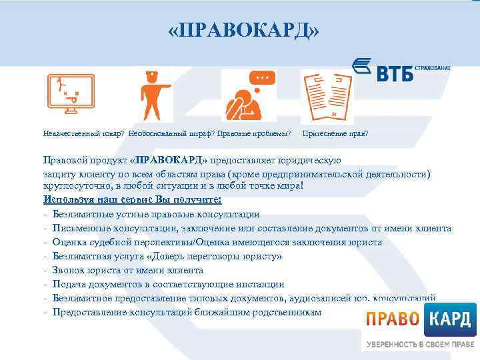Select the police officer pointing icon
pos(152,95)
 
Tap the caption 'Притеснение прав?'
pos(335,133)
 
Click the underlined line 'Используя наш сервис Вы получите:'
pos(132,199)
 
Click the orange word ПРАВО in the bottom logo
pos(392,319)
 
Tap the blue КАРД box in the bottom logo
pos(450,319)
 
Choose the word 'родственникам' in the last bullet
pos(288,312)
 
